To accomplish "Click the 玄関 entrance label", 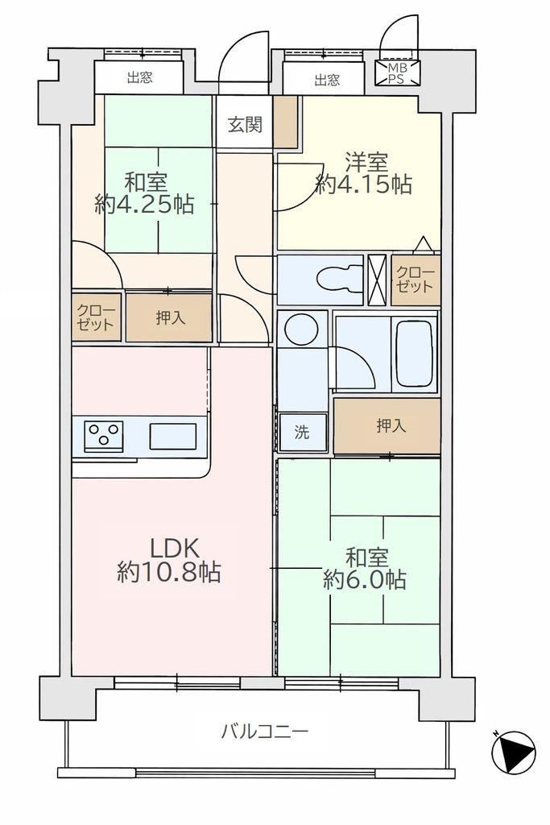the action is point(245,125).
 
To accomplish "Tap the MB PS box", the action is point(398,73).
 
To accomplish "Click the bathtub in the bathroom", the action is point(415,353).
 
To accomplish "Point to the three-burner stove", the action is point(104,436).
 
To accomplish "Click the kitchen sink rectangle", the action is point(173,436).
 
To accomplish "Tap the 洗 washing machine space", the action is point(302,433).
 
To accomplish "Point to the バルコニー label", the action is point(264,732).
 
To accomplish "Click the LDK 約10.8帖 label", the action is point(169,561).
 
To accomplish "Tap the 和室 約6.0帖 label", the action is point(365,568).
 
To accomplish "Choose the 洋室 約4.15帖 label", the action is point(364,172).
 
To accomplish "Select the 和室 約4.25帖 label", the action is point(145,193).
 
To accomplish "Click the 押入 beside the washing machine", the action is point(391,425).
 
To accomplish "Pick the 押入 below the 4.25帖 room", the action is point(171,317).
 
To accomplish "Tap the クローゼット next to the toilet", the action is point(416,280).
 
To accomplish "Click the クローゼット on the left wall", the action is point(96,317).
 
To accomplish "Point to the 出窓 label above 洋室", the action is point(327,80).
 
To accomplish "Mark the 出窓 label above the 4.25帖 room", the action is point(140,78).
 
